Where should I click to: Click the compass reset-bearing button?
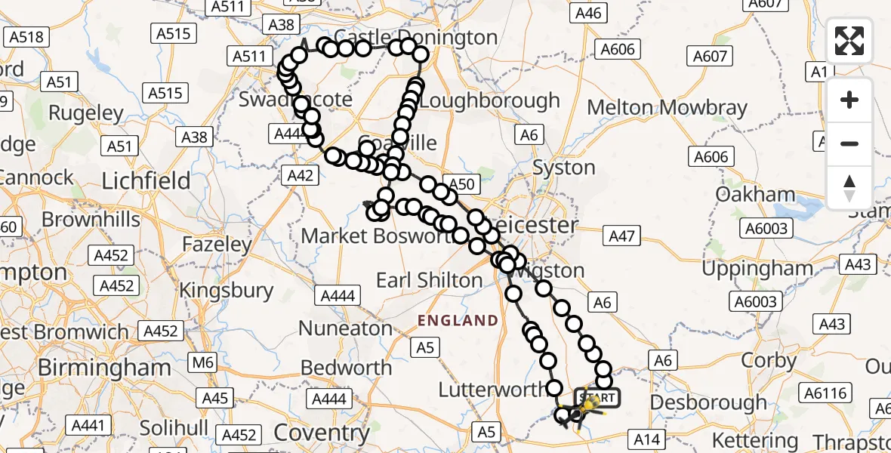849,188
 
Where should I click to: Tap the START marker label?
597,397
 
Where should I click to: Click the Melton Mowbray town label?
667,107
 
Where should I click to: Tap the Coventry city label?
322,433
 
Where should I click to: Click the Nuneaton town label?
345,328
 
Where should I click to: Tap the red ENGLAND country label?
458,320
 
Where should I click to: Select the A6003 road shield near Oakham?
766,229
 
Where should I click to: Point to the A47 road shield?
621,236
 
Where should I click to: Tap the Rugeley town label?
85,113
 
